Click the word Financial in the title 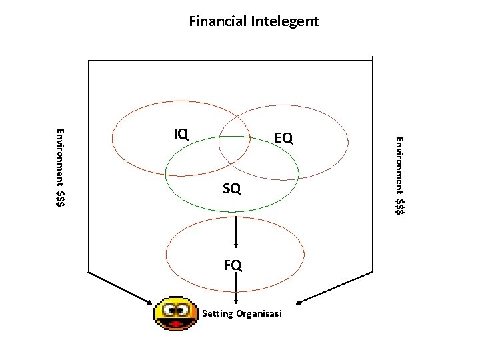click(x=218, y=21)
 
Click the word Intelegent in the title click(x=285, y=21)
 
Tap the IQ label click(x=181, y=134)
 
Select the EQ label click(x=283, y=138)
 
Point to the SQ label click(x=232, y=190)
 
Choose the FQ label click(x=233, y=265)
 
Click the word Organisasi click(x=259, y=313)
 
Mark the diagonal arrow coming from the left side click(x=121, y=287)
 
